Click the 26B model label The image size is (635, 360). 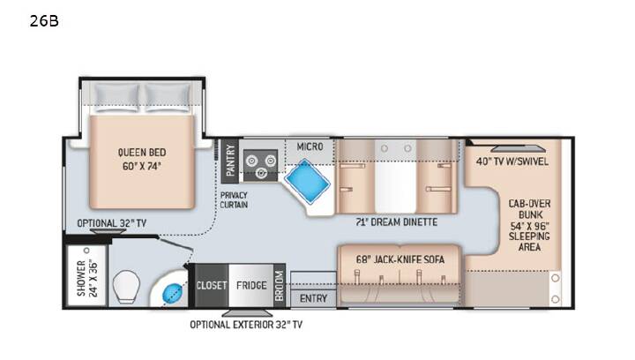pyautogui.click(x=44, y=20)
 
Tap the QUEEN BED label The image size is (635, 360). pyautogui.click(x=142, y=153)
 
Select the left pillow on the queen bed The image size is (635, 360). pyautogui.click(x=116, y=97)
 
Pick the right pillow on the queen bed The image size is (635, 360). pyautogui.click(x=168, y=97)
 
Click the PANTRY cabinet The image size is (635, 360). pyautogui.click(x=229, y=161)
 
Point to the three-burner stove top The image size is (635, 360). pyautogui.click(x=260, y=165)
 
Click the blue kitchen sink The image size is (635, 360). pyautogui.click(x=308, y=181)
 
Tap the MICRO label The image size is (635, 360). pyautogui.click(x=310, y=146)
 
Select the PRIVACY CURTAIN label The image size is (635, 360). pyautogui.click(x=234, y=200)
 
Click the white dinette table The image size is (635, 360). pyautogui.click(x=395, y=176)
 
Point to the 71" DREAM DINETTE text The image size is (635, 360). pyautogui.click(x=397, y=222)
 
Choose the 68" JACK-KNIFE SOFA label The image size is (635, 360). pyautogui.click(x=400, y=259)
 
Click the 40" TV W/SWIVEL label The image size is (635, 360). pyautogui.click(x=512, y=161)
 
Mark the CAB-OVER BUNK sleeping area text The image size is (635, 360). pyautogui.click(x=529, y=225)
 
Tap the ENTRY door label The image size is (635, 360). pyautogui.click(x=313, y=298)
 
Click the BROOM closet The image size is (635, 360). pyautogui.click(x=280, y=286)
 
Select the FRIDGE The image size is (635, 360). pyautogui.click(x=251, y=286)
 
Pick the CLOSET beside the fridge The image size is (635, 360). pyautogui.click(x=211, y=286)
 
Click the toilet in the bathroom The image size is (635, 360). pyautogui.click(x=126, y=287)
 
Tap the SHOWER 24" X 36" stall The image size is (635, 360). pyautogui.click(x=86, y=276)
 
